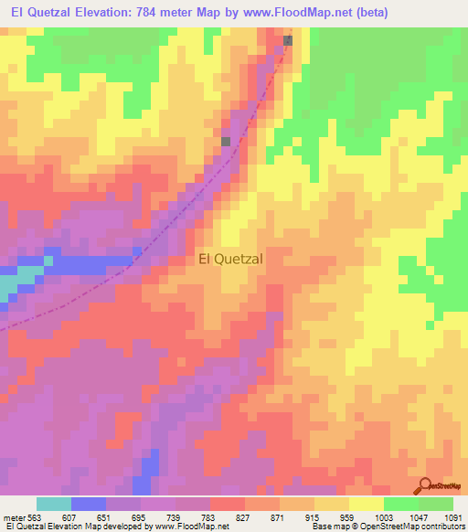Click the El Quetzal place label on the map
pos(230,259)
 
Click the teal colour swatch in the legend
pos(54,504)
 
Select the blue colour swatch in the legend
pos(89,504)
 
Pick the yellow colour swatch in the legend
pos(367,504)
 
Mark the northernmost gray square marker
pos(289,40)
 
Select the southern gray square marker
pos(227,141)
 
